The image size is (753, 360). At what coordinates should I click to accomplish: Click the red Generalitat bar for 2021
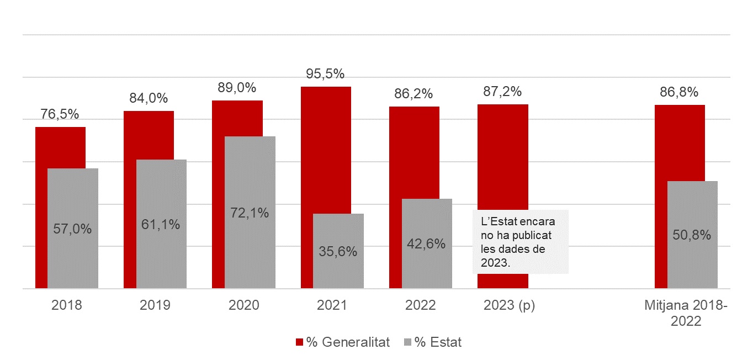coord(326,149)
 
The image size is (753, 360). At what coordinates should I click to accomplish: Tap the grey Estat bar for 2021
coord(338,232)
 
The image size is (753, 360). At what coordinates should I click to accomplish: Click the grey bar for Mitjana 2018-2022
coord(692,210)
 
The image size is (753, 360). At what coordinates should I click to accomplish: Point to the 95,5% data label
coord(325,73)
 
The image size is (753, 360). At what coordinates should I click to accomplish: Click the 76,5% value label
coord(60,114)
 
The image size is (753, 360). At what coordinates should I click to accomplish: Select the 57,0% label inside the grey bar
coord(72,229)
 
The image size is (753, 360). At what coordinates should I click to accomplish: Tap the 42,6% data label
coord(427,243)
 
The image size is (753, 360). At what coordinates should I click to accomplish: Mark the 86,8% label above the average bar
coord(679,92)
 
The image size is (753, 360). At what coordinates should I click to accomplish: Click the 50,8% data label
coord(692,235)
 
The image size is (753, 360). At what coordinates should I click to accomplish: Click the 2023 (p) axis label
coord(509,305)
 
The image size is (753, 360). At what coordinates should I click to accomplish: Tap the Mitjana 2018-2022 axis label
coord(686,313)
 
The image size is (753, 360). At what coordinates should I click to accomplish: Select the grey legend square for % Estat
coord(407,342)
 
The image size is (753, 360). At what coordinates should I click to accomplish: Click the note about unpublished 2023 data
coord(521,241)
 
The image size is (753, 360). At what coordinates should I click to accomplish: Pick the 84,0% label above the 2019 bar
coord(149,98)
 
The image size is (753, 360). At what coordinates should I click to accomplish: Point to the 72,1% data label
coord(250,213)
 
